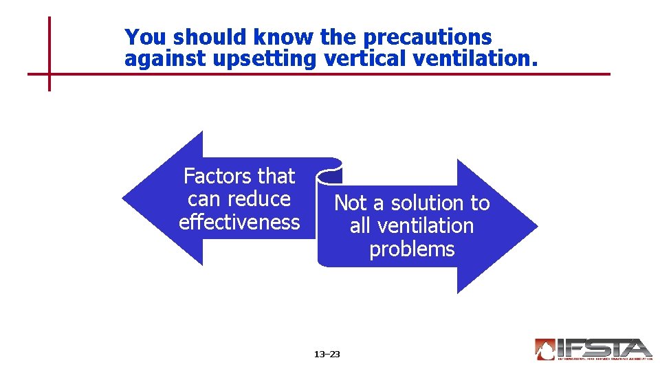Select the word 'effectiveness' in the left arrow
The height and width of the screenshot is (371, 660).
[x=239, y=222]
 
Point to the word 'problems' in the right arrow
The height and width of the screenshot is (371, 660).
[x=412, y=249]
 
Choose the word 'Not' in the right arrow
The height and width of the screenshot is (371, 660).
[x=351, y=203]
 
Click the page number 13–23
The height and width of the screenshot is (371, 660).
[x=327, y=355]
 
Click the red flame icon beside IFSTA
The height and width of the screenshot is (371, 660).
[x=545, y=349]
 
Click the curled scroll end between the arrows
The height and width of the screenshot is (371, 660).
[x=329, y=172]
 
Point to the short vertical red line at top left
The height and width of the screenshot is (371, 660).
[x=49, y=54]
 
